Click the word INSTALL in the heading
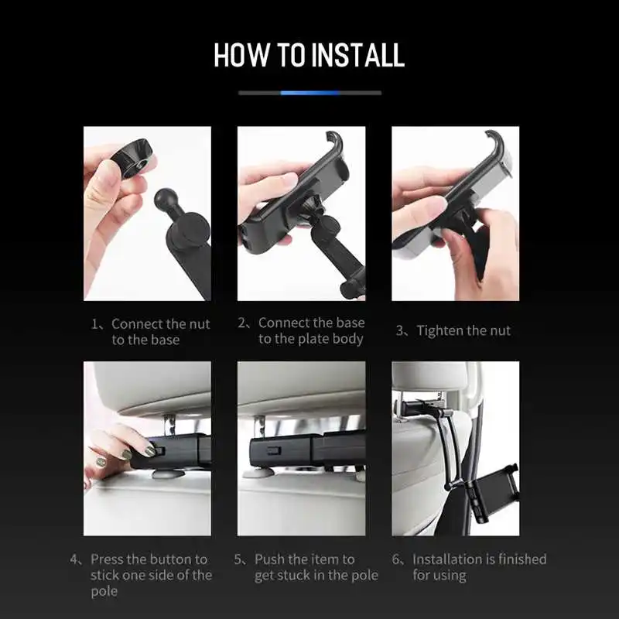(x=357, y=54)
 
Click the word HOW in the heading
(x=241, y=54)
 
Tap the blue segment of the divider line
(x=310, y=93)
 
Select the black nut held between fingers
(x=132, y=158)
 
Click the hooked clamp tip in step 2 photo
(x=335, y=142)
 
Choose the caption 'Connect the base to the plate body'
(x=311, y=331)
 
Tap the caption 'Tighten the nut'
(x=463, y=330)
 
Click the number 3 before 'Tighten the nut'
(x=399, y=330)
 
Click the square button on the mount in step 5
(x=273, y=450)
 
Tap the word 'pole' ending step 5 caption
(x=364, y=576)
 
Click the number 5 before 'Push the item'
(x=238, y=559)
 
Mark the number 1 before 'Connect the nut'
(x=94, y=324)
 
